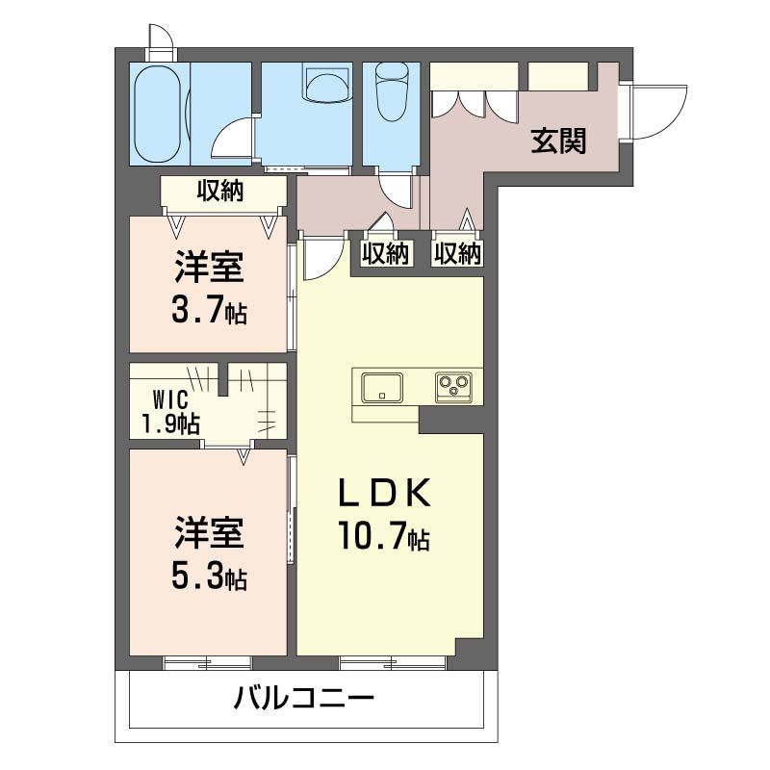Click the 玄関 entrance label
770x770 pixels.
click(x=558, y=141)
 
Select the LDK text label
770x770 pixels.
click(x=381, y=494)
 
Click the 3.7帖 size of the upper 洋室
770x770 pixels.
click(x=209, y=310)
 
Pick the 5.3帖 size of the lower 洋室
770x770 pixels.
click(x=209, y=577)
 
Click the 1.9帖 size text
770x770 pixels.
click(x=170, y=423)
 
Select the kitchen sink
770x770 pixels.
click(x=382, y=388)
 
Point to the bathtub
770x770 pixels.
click(x=157, y=114)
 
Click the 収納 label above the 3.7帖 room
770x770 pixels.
click(x=220, y=192)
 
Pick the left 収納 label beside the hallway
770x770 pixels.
click(x=385, y=253)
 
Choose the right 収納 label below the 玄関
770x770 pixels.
click(x=457, y=253)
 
